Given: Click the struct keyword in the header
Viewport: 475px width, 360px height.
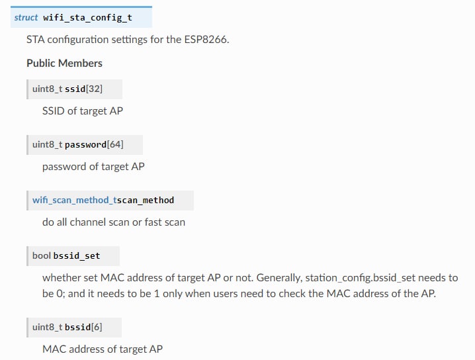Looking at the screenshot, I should pos(26,17).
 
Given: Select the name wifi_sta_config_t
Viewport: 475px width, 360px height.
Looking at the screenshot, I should pos(87,17).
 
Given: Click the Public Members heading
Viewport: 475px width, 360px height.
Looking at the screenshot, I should pos(64,63).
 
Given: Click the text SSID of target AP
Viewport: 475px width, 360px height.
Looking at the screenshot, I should pos(82,111).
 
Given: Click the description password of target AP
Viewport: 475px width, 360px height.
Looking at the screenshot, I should pos(93,166).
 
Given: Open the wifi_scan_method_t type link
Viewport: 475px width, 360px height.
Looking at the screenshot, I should pos(74,200).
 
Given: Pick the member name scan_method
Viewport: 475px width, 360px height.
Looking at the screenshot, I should pos(146,200).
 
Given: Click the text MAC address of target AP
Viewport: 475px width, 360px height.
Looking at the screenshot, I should pos(102,349).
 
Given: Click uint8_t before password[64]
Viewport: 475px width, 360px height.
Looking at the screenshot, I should pos(48,145).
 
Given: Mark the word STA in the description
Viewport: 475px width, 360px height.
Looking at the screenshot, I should pos(36,39).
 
